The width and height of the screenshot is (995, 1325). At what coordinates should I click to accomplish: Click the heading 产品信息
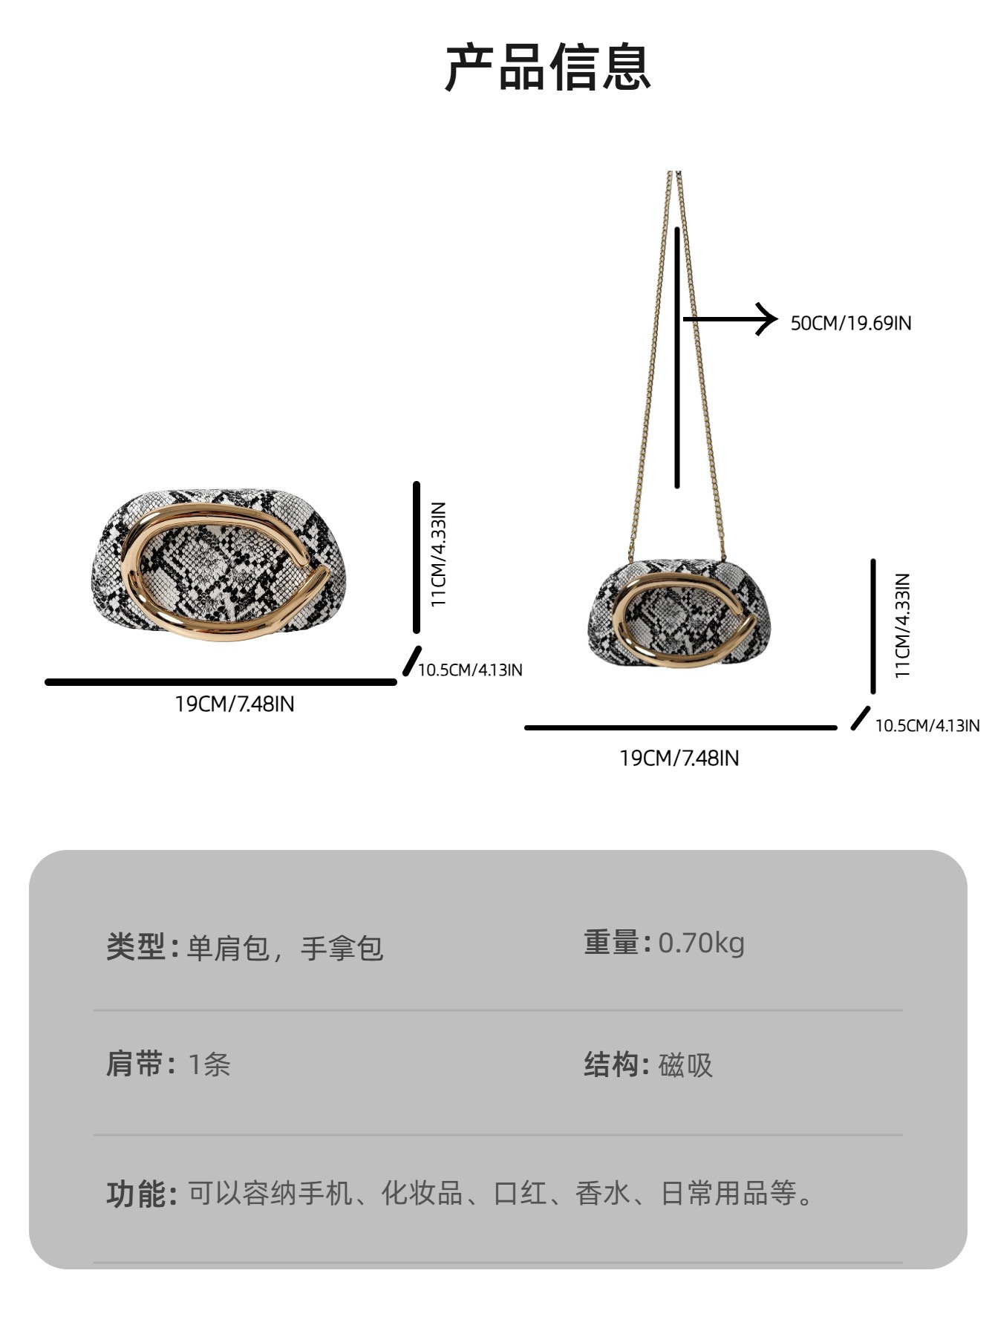pos(548,68)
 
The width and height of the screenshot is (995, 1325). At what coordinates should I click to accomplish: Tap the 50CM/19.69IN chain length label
pos(850,323)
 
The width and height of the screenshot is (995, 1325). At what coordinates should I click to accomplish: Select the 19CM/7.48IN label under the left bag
pos(235,704)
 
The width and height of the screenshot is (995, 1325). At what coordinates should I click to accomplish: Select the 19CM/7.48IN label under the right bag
pos(679,758)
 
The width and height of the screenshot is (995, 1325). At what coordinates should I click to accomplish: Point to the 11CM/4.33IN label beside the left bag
pos(439,554)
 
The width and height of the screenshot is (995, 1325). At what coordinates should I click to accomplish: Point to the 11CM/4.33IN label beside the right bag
pos(902,625)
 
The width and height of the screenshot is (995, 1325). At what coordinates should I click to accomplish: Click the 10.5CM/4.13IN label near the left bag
pos(470,670)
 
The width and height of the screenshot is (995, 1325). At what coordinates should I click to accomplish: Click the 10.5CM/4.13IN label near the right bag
pos(927,725)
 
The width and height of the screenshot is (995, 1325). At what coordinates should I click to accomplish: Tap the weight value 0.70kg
pos(701,943)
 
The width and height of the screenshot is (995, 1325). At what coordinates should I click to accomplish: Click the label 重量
pos(612,943)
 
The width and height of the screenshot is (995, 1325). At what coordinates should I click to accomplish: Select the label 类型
pos(135,948)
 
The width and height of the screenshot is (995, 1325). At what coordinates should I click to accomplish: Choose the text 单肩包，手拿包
pos(284,949)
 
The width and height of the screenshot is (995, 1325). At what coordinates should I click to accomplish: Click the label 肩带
pos(135,1064)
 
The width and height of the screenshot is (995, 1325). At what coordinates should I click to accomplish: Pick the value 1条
pos(209,1064)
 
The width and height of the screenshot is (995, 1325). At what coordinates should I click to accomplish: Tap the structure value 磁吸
pos(685,1065)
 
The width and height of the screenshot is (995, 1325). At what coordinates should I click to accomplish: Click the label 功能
pos(135,1194)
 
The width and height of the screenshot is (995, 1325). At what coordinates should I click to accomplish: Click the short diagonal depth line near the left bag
pos(411,661)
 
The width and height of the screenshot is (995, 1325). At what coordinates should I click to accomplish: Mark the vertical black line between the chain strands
pos(677,357)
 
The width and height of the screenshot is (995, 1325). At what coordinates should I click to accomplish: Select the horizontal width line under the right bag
pos(680,727)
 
